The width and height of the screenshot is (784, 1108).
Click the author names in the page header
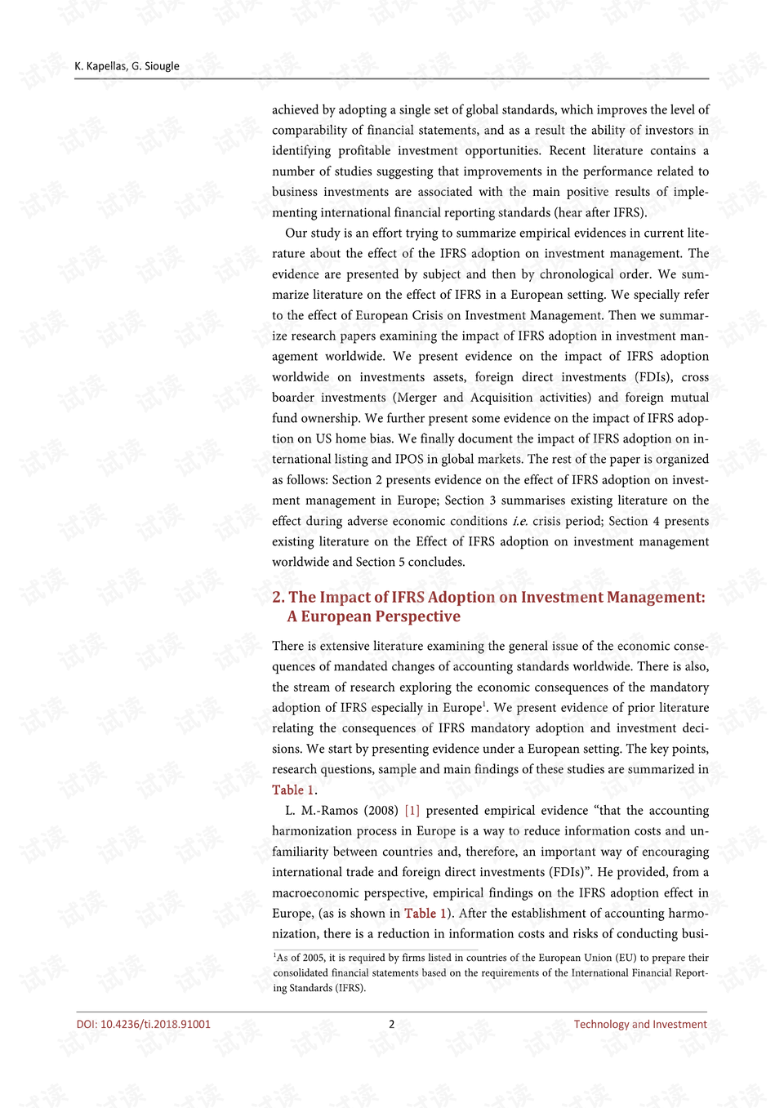coord(127,66)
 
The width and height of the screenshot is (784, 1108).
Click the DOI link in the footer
coord(144,1024)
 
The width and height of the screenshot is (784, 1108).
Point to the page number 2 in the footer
coord(392,1024)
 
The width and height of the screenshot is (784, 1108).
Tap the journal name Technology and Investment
coord(640,1024)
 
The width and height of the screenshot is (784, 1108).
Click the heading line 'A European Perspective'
coord(373,616)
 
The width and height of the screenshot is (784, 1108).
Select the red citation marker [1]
coord(412,811)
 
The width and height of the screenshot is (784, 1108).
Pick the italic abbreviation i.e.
coord(519,521)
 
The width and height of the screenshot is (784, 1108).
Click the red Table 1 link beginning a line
coord(293,790)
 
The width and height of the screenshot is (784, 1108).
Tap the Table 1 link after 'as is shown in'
coord(425,914)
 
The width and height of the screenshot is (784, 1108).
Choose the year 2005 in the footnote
coord(313,958)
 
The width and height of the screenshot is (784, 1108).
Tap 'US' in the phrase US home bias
coord(323,438)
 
